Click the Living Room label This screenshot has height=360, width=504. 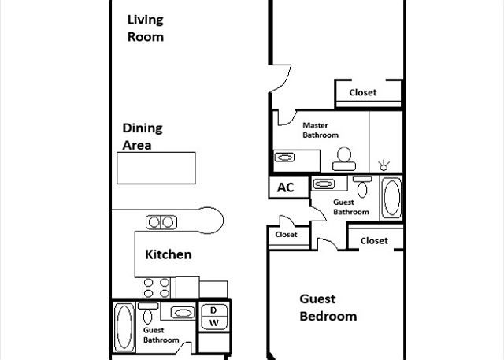coord(145,28)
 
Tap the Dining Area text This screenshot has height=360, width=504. coord(143,136)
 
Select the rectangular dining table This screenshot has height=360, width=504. coord(156,168)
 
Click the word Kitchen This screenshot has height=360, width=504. coord(168,254)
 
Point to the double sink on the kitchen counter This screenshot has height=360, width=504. coord(161,222)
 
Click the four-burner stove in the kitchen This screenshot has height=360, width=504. coord(157,288)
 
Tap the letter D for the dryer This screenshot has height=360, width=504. coord(213,310)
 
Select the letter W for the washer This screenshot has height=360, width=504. coord(214,323)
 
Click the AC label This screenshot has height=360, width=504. coord(285,187)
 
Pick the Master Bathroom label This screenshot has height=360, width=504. coord(321,130)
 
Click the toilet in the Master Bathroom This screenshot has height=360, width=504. coord(344,158)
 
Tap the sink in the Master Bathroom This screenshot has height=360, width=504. coord(284,158)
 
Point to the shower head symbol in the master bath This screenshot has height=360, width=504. coord(384,165)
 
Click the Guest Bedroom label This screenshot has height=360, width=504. coord(328,307)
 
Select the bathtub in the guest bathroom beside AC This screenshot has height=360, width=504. coord(391,198)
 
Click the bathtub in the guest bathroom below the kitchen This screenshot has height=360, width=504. coord(124,327)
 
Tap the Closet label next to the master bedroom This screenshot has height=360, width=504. coord(363,93)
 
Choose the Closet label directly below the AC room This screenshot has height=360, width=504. coord(286,235)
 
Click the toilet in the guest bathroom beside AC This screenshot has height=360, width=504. coord(362,187)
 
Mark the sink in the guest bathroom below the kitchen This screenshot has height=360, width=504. coord(183,313)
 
